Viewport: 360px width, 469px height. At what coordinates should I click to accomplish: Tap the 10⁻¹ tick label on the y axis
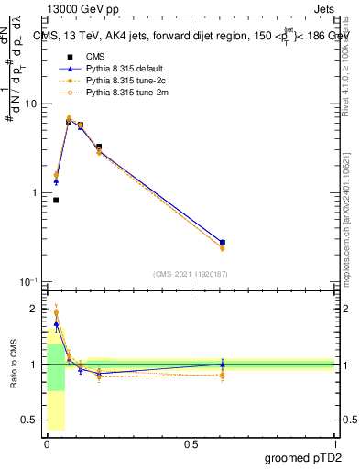pyautogui.click(x=30, y=281)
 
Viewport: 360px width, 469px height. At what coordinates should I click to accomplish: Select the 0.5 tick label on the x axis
pyautogui.click(x=191, y=443)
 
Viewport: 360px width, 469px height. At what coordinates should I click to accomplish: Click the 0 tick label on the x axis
pyautogui.click(x=48, y=443)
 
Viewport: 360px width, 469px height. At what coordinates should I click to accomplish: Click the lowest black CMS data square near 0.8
pyautogui.click(x=56, y=200)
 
